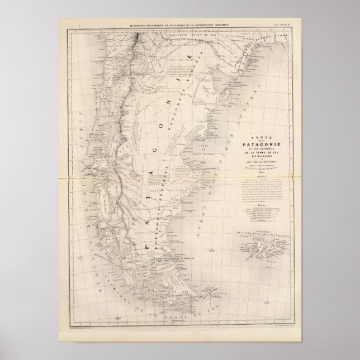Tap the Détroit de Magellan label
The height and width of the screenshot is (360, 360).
(168, 260)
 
